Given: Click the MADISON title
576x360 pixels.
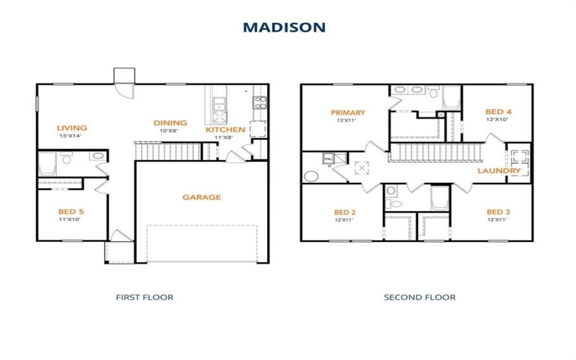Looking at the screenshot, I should click(x=284, y=27).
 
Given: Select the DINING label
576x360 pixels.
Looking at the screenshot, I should click(x=171, y=123).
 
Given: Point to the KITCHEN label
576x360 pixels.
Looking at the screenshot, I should click(x=225, y=130).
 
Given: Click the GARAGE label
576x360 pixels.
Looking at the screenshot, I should click(x=202, y=197).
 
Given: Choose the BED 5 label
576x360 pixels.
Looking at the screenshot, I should click(x=71, y=212).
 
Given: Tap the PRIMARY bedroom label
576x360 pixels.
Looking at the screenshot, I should click(x=348, y=112).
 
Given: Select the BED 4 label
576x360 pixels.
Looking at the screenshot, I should click(x=498, y=112).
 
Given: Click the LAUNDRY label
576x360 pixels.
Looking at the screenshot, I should click(x=499, y=171).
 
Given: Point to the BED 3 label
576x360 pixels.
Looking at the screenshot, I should click(x=498, y=212).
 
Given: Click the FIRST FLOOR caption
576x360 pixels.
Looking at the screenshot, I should click(x=145, y=297).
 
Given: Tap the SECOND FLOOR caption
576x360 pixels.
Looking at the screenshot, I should click(x=420, y=297).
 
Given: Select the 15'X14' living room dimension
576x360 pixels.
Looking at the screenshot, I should click(x=70, y=136).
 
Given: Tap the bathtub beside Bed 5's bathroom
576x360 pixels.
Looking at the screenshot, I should click(x=47, y=163).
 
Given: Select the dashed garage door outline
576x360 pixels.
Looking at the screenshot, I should click(x=202, y=244).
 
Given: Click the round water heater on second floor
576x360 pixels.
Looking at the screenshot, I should click(x=312, y=175).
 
